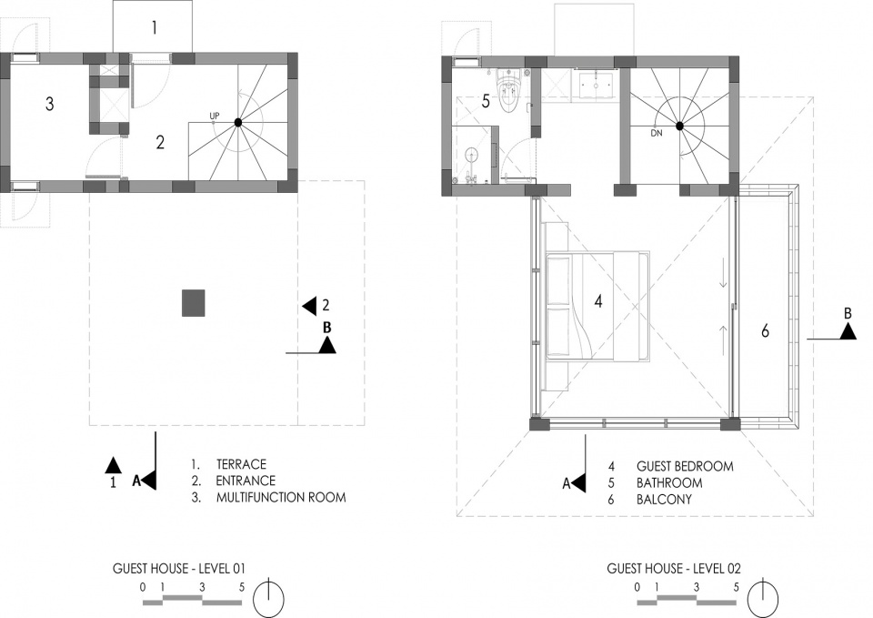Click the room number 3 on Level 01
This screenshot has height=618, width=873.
click(49, 104)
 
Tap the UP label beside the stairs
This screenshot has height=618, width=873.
click(215, 116)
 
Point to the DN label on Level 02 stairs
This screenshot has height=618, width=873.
click(657, 133)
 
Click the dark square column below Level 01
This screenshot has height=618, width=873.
click(193, 303)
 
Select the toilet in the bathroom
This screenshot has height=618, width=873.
click(509, 91)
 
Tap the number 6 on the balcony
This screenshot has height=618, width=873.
click(765, 331)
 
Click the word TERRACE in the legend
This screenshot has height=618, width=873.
click(241, 464)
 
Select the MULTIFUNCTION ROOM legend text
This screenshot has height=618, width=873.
click(281, 497)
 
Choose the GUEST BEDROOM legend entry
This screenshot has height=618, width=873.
click(685, 466)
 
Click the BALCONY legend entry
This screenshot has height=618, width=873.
click(664, 500)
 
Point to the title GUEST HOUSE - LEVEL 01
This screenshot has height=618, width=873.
click(179, 569)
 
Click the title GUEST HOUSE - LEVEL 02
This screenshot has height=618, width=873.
click(674, 569)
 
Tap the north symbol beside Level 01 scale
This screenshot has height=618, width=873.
click(269, 597)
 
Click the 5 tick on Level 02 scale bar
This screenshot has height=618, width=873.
click(736, 587)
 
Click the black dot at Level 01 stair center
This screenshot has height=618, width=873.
click(238, 122)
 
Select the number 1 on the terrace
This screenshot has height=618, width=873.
click(155, 28)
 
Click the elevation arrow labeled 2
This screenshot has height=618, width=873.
click(309, 306)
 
